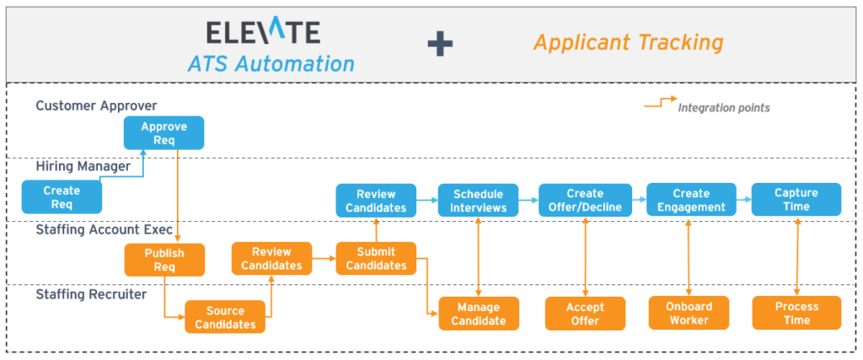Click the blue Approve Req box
163,132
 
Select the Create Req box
62,197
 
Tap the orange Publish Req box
164,260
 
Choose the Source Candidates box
225,318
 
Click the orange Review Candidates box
271,258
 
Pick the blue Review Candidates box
376,200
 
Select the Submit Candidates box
376,258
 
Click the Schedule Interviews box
479,200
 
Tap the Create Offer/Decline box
584,200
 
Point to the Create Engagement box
691,200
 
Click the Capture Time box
796,200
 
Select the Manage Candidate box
479,313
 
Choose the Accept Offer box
584,313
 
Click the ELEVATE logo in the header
263,32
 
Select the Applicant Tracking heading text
628,42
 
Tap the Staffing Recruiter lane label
91,294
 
